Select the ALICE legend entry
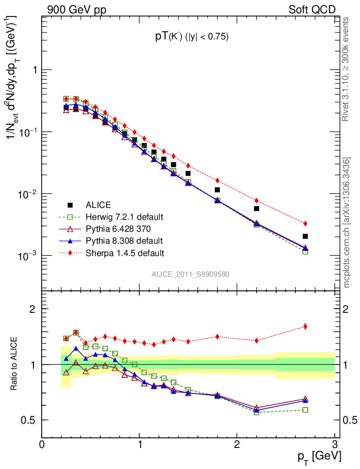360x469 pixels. (x=98, y=205)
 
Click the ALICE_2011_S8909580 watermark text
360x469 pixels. (x=191, y=274)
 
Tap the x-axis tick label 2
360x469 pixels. (x=237, y=445)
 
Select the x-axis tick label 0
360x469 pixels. (x=42, y=445)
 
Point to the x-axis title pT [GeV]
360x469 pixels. (x=319, y=457)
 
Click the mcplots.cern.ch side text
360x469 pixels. (x=347, y=223)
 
